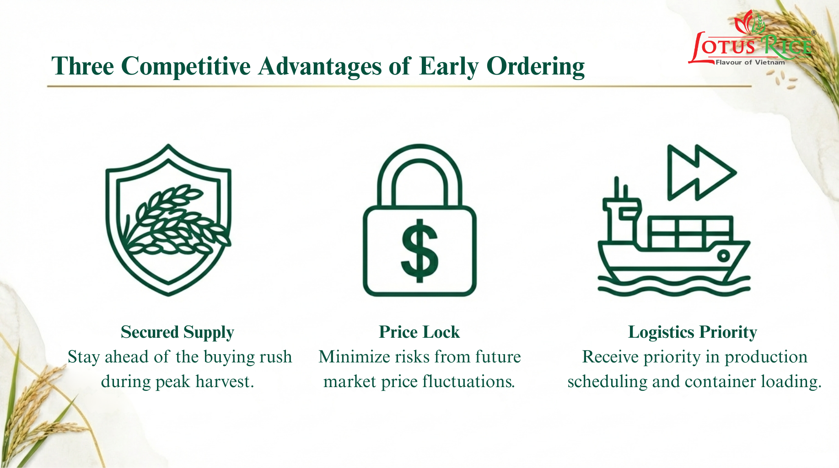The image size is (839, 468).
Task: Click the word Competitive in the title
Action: coord(186,66)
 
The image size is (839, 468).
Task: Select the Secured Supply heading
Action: coord(177,332)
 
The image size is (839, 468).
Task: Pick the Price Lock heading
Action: coord(419,332)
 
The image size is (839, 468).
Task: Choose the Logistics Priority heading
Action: coord(693,332)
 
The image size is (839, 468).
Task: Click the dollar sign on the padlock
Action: coord(419,250)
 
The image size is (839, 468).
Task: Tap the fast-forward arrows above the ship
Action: coord(701,172)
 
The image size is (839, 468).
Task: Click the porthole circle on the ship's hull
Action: coord(723,255)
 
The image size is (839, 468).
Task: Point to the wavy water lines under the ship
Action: coord(674,285)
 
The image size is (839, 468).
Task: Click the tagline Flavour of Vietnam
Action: coord(750,62)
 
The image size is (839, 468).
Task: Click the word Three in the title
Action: coord(83,66)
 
